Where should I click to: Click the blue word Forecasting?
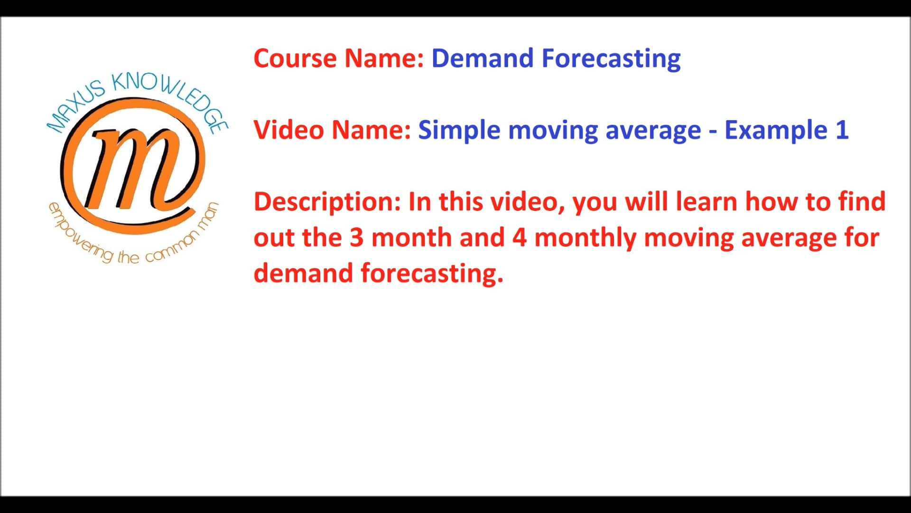pyautogui.click(x=611, y=59)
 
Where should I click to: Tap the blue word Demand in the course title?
pyautogui.click(x=482, y=58)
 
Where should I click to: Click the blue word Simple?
pyautogui.click(x=459, y=130)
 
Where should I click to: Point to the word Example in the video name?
pyautogui.click(x=776, y=130)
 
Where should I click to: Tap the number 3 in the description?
pyautogui.click(x=356, y=237)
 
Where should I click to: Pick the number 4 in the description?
pyautogui.click(x=519, y=237)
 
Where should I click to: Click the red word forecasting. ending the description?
pyautogui.click(x=432, y=274)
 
